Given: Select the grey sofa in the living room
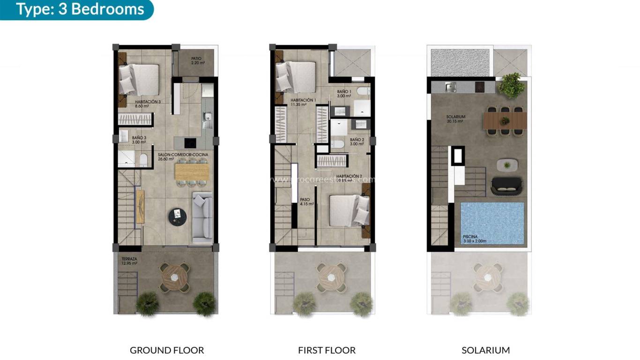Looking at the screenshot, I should click(202, 218).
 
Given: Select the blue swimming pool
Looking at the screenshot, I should click(492, 223).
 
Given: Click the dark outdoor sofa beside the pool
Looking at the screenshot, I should click(506, 186).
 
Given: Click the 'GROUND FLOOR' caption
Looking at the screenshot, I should click(167, 350).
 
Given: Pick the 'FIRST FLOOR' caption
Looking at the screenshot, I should click(327, 350).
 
